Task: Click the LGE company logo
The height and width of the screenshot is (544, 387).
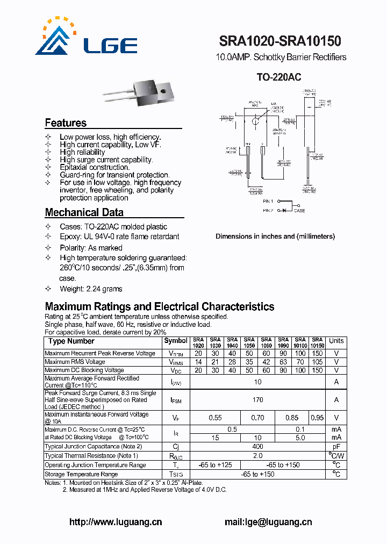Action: (x=86, y=38)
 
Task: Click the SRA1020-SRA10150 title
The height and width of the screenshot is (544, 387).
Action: (x=280, y=41)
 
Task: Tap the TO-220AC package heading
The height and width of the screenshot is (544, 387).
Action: (x=278, y=77)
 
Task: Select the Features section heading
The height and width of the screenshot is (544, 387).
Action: (x=66, y=123)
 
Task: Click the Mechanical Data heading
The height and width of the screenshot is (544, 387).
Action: (x=84, y=212)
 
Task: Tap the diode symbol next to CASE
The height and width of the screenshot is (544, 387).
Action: (x=284, y=210)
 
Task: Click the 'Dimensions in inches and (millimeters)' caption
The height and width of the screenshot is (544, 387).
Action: (x=275, y=237)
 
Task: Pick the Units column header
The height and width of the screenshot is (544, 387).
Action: (x=336, y=341)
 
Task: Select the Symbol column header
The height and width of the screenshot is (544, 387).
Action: (x=176, y=341)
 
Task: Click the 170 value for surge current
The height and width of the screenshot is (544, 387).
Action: (x=257, y=400)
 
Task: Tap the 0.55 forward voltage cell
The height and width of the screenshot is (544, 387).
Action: (x=215, y=418)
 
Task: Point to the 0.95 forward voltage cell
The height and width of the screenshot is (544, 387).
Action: (x=317, y=418)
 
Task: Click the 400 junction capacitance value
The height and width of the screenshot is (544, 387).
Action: (x=257, y=447)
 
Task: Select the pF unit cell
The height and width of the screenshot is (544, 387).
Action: (x=336, y=447)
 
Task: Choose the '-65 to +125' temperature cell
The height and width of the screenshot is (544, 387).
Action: (x=215, y=465)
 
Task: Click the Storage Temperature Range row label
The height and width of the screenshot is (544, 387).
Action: (x=81, y=474)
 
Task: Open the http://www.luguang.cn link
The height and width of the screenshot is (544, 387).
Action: (x=116, y=522)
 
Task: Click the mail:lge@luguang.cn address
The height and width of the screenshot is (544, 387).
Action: (x=268, y=522)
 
